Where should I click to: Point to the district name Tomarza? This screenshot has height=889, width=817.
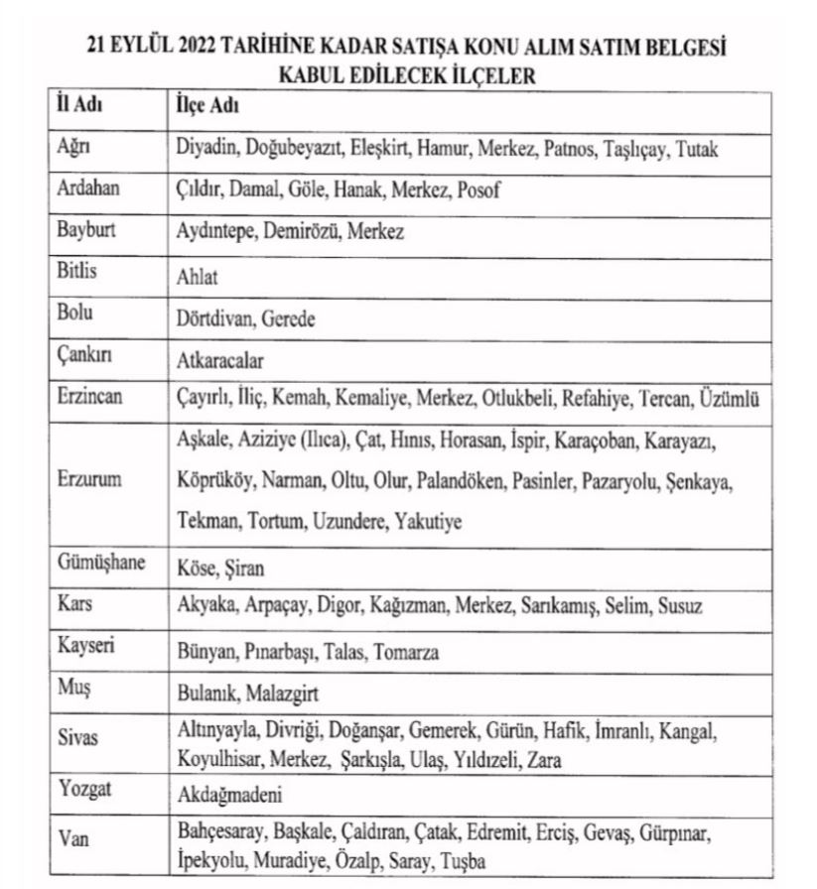pyautogui.click(x=404, y=652)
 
